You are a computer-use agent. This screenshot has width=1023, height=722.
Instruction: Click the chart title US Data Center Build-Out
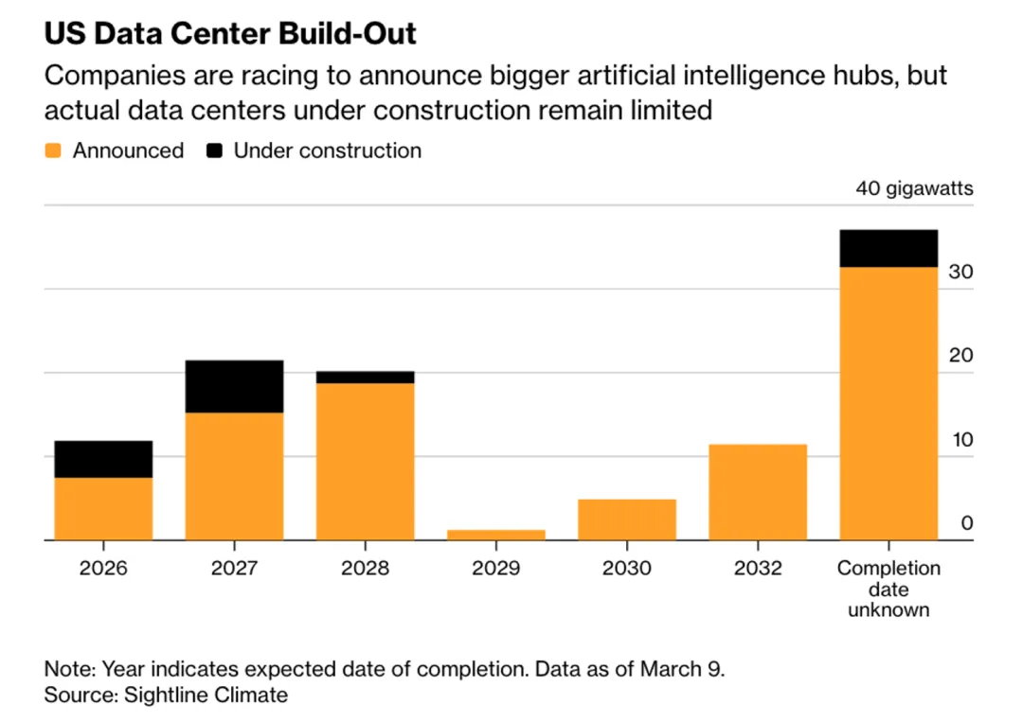click(x=230, y=34)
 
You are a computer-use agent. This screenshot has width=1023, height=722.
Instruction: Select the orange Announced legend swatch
click(x=53, y=150)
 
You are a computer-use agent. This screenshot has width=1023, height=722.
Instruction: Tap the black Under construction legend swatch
click(x=214, y=150)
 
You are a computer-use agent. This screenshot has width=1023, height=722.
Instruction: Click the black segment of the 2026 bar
click(x=103, y=459)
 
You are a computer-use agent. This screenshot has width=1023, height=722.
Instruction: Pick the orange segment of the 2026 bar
click(x=103, y=508)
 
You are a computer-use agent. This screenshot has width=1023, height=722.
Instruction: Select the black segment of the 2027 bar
click(x=234, y=386)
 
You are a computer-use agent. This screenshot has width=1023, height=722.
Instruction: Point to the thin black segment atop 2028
click(x=365, y=377)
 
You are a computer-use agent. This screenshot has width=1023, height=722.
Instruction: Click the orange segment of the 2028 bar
click(x=365, y=461)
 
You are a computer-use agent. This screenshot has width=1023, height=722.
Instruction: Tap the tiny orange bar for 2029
click(x=495, y=535)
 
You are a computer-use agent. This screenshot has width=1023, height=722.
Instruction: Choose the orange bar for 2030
click(x=626, y=519)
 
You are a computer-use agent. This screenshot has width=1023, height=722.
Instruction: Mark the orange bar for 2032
click(x=758, y=492)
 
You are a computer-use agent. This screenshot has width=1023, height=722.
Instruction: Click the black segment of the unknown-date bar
click(x=888, y=248)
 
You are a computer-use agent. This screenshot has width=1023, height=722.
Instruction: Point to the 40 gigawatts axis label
click(x=914, y=188)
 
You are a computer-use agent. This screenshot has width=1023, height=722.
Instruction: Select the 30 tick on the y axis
click(x=960, y=272)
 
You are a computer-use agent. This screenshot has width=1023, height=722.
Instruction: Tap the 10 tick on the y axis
click(x=960, y=439)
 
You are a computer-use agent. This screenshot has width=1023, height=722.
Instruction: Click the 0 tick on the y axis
click(x=966, y=522)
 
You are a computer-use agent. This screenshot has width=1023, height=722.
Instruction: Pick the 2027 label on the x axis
click(x=234, y=569)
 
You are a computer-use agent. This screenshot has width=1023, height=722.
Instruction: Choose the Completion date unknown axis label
click(x=888, y=589)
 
